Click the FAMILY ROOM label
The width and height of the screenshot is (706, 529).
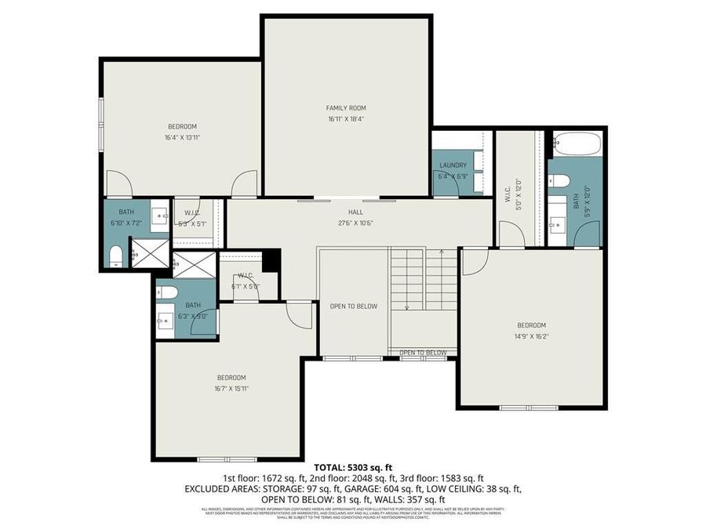(346, 108)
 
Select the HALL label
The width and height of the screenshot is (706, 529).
(356, 212)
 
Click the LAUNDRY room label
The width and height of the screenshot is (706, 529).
(453, 165)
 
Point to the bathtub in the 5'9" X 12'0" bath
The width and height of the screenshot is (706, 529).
(577, 144)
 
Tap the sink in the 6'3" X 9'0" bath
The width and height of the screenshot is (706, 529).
(166, 320)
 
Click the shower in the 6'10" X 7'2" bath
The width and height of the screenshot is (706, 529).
(150, 253)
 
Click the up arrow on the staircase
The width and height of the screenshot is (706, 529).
(442, 252)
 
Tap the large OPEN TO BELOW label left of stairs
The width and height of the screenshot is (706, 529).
(353, 306)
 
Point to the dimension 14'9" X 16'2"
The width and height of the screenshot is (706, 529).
(531, 336)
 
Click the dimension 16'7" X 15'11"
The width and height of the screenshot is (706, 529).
(231, 388)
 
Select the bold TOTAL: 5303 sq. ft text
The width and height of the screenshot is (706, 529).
(352, 468)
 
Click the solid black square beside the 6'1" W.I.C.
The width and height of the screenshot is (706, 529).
(271, 259)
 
